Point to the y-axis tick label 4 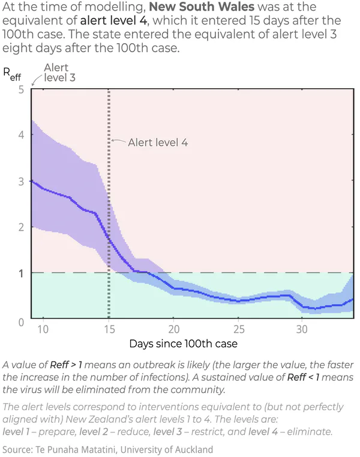pos(21,136)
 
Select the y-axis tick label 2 pos(21,227)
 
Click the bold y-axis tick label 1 pos(21,273)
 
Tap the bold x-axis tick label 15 pos(109,330)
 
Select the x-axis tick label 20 pos(173,330)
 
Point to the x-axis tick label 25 pos(238,330)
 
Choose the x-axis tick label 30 pos(303,330)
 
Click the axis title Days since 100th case pos(184,344)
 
